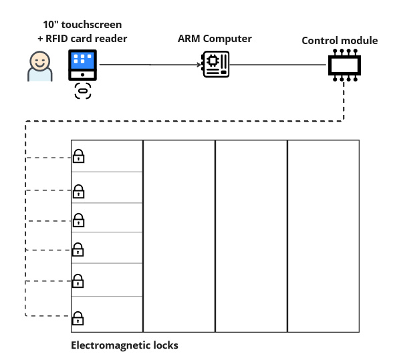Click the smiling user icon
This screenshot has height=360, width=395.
40,66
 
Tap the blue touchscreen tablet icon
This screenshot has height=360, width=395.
82,65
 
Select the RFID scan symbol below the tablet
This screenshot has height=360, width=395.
83,91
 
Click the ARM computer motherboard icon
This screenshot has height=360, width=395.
215,64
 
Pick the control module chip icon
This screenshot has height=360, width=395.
345,65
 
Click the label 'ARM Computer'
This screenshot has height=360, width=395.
215,39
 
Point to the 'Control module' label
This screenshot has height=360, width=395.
340,41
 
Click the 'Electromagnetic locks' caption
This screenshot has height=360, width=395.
124,345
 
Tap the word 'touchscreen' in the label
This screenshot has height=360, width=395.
92,25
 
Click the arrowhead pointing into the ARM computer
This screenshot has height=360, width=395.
199,65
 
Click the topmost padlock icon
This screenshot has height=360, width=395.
78,156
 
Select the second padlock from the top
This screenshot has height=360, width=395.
78,191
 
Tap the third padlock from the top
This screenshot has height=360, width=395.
78,220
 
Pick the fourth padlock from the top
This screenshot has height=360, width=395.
78,250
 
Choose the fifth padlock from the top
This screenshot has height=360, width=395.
78,281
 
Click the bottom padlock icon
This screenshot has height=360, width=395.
78,319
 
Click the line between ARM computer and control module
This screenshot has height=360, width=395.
278,65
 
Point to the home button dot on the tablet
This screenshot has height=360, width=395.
82,75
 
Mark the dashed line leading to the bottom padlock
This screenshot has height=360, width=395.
48,316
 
